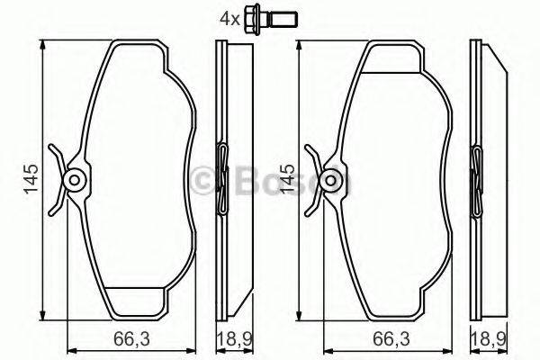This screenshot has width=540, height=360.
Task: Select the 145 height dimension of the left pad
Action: (31, 177)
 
